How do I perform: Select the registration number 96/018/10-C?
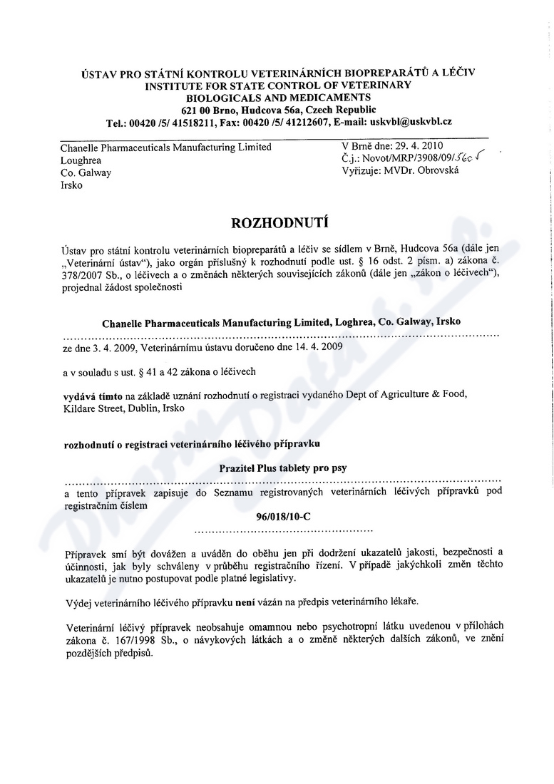pos(283,518)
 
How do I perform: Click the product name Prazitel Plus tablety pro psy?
pos(283,468)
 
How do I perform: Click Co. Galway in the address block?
pos(86,172)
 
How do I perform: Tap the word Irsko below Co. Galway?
pos(71,185)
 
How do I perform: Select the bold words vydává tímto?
pos(91,394)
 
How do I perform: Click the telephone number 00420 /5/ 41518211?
pos(173,122)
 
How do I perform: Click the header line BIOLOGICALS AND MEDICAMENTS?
pos(278,97)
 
